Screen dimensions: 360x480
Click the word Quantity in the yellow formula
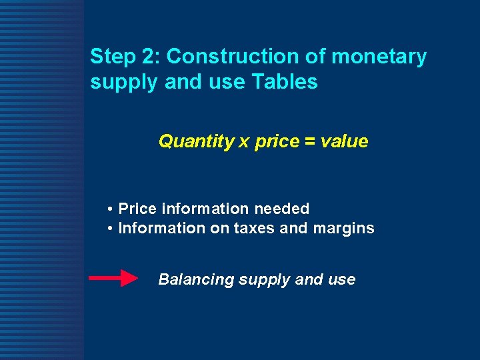click(x=196, y=142)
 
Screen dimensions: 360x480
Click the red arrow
click(x=113, y=279)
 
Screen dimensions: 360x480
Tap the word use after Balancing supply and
click(x=342, y=280)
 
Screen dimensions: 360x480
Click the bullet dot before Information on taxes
click(x=109, y=229)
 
